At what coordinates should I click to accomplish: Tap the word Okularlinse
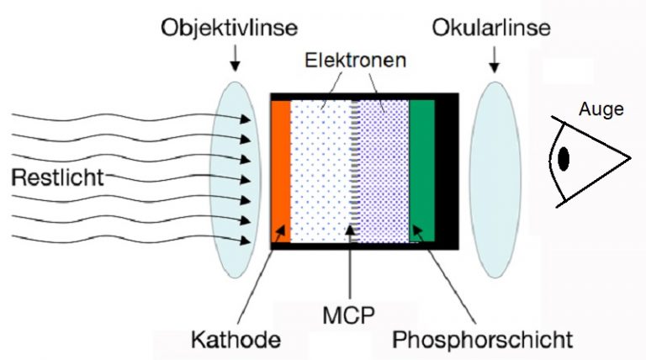pyautogui.click(x=492, y=28)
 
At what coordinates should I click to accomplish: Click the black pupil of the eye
pyautogui.click(x=564, y=157)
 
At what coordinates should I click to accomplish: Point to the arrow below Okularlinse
pyautogui.click(x=493, y=57)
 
